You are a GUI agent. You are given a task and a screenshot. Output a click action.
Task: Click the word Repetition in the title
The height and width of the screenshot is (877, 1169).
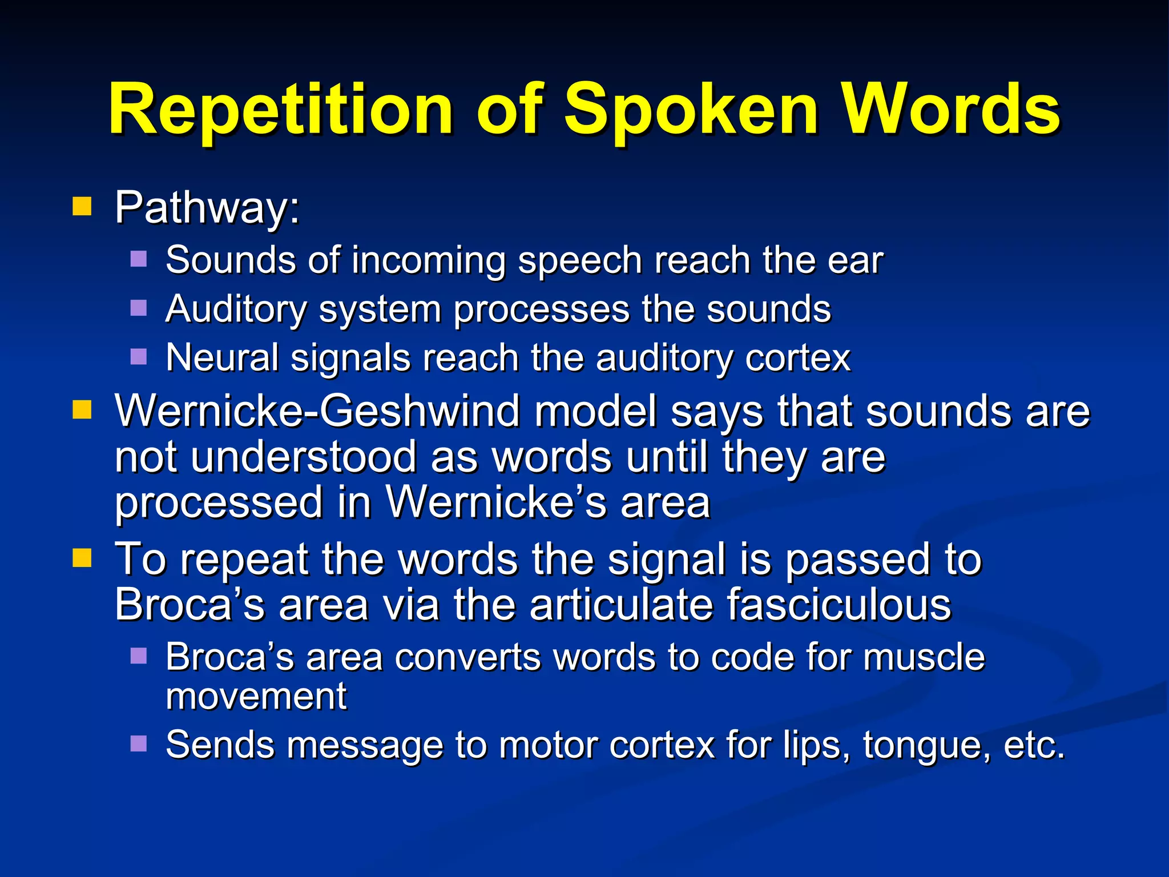[280, 110]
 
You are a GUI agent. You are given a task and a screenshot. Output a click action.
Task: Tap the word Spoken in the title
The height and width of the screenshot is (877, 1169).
[691, 110]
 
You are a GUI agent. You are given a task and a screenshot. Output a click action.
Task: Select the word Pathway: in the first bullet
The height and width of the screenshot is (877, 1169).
[207, 208]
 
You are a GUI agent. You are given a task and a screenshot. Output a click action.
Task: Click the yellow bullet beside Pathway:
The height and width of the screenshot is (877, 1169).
[82, 206]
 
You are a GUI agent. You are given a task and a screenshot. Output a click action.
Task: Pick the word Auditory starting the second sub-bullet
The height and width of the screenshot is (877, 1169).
[236, 310]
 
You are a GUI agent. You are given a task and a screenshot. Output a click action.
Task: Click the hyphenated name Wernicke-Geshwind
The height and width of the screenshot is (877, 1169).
[317, 411]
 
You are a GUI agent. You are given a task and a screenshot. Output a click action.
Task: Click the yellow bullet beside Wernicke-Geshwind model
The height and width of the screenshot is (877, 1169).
[82, 409]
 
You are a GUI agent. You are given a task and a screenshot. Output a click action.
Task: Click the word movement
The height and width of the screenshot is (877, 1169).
[256, 697]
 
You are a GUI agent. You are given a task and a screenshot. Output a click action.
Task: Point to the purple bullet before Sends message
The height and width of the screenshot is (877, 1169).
[139, 743]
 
